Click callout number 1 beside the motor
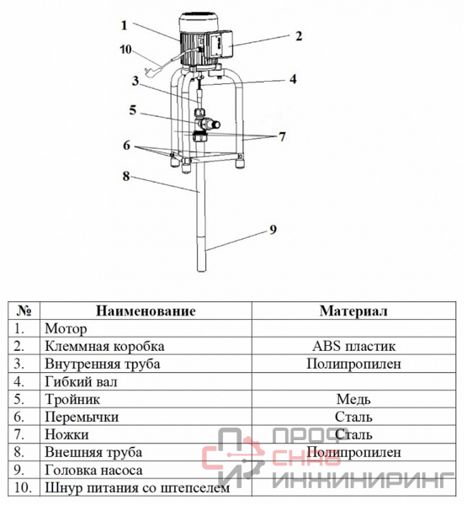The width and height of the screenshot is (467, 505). click(x=125, y=25)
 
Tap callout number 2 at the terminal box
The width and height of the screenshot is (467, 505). click(x=299, y=35)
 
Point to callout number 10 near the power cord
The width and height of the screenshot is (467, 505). click(x=126, y=50)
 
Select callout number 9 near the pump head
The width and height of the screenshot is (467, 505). click(x=273, y=229)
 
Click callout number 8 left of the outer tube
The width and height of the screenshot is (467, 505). click(x=126, y=176)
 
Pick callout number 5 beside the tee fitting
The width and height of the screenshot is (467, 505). click(x=133, y=109)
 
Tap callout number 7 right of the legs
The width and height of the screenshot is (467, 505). click(x=282, y=136)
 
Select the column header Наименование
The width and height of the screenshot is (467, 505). click(x=146, y=311)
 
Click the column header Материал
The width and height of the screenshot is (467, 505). click(x=353, y=311)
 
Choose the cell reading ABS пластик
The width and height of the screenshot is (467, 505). click(x=353, y=346)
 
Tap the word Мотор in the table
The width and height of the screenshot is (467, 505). click(x=66, y=329)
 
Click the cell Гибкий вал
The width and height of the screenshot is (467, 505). click(x=81, y=381)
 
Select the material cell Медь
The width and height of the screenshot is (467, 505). click(x=353, y=399)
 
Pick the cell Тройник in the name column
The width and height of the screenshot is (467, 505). click(x=72, y=399)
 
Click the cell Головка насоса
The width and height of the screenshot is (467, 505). click(x=93, y=470)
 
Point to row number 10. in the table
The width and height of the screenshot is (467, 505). click(x=23, y=487)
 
